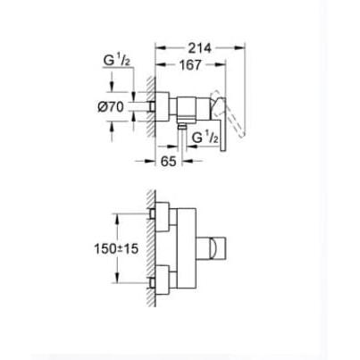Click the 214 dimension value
tap(200, 48)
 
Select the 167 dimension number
tap(190, 65)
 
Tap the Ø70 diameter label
tap(111, 107)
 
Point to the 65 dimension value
tap(169, 161)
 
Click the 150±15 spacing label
tap(116, 248)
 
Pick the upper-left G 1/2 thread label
tap(117, 62)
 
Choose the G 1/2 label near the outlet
tap(205, 138)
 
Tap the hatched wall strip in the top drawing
tap(151, 106)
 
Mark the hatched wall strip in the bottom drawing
tap(151, 248)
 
